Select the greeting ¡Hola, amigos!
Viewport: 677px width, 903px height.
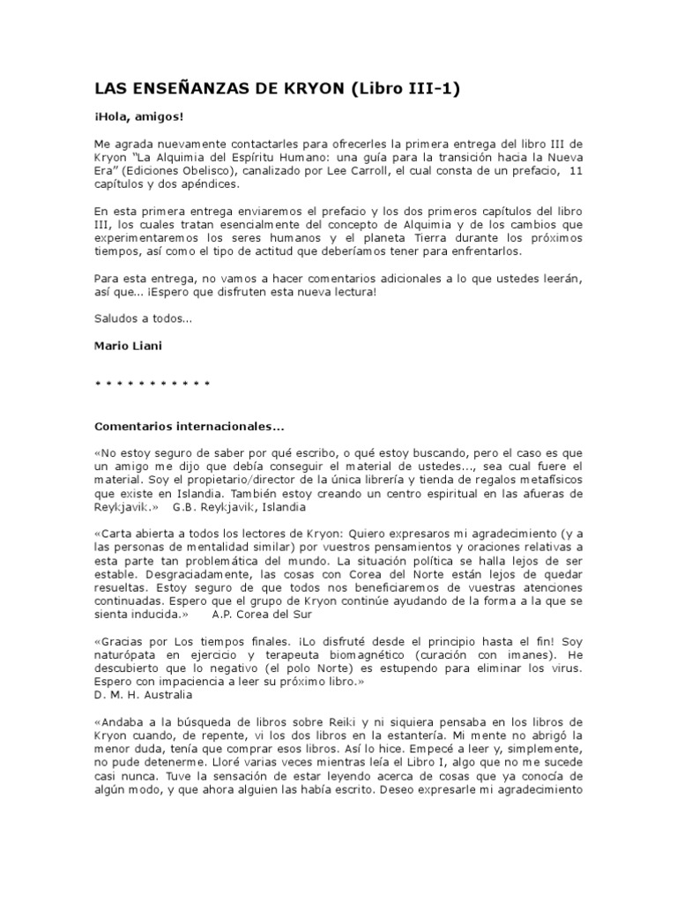(139, 116)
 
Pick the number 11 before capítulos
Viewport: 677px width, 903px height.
(577, 172)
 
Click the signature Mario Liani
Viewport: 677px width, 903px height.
(128, 347)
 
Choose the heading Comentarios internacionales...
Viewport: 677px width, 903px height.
(189, 427)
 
